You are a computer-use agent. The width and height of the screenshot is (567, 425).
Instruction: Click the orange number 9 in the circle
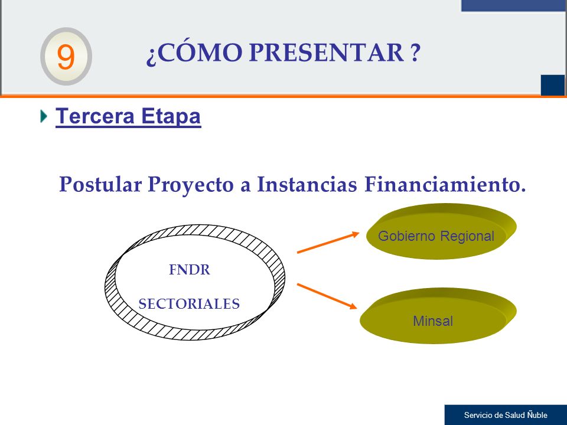(x=66, y=57)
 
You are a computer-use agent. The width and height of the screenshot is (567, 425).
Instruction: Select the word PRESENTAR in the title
(x=327, y=53)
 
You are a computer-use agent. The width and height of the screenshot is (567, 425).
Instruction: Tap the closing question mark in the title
(x=415, y=53)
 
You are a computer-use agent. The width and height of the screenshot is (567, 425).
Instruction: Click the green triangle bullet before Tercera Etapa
(x=44, y=116)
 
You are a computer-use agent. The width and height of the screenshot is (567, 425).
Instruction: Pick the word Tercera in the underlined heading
(x=95, y=116)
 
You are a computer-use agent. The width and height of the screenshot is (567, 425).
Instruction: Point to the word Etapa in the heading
(x=171, y=117)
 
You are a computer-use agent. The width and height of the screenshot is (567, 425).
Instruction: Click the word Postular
(x=100, y=184)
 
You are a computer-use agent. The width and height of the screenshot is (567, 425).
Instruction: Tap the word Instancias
(x=307, y=184)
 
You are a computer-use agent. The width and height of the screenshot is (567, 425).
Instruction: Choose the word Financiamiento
(x=445, y=184)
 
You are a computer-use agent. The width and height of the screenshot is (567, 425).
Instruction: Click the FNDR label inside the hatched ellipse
(x=190, y=270)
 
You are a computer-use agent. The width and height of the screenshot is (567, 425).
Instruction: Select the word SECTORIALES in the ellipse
(x=189, y=304)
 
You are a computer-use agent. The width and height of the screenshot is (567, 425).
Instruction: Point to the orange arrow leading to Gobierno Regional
(x=328, y=243)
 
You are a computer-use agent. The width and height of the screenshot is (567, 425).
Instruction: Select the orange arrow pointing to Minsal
(x=327, y=296)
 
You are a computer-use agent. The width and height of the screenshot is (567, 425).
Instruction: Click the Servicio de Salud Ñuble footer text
(x=506, y=415)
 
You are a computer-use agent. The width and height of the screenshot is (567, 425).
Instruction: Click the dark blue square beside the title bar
(x=553, y=85)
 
